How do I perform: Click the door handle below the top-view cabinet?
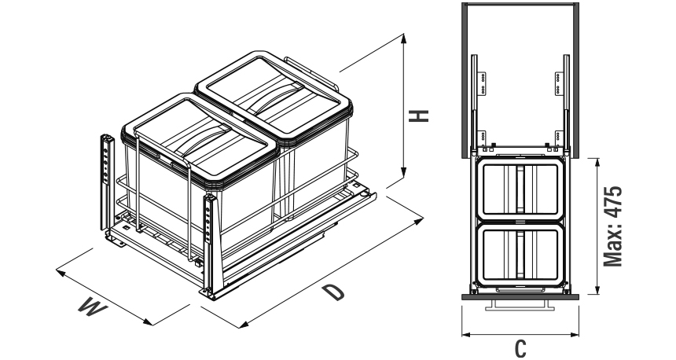tap(516, 303)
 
